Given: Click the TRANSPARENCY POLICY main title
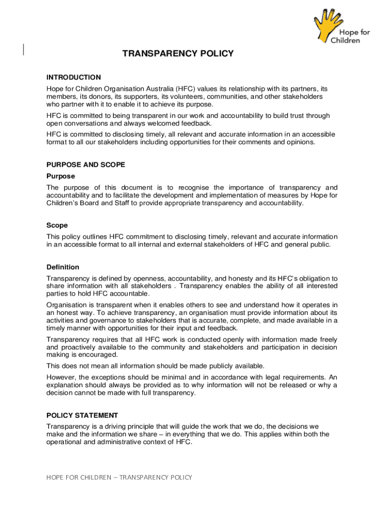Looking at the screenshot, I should (x=178, y=54).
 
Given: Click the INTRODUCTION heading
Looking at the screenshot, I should (x=74, y=77).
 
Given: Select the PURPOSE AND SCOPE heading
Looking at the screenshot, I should (x=86, y=165).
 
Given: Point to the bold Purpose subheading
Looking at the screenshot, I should (x=61, y=176).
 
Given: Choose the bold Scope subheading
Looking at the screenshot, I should (x=57, y=226).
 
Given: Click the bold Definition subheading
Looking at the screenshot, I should (x=63, y=267).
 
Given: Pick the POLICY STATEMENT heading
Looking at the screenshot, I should (x=82, y=415).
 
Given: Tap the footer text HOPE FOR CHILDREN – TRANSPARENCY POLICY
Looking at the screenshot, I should (x=119, y=478).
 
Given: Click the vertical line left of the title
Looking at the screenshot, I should (x=24, y=48).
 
